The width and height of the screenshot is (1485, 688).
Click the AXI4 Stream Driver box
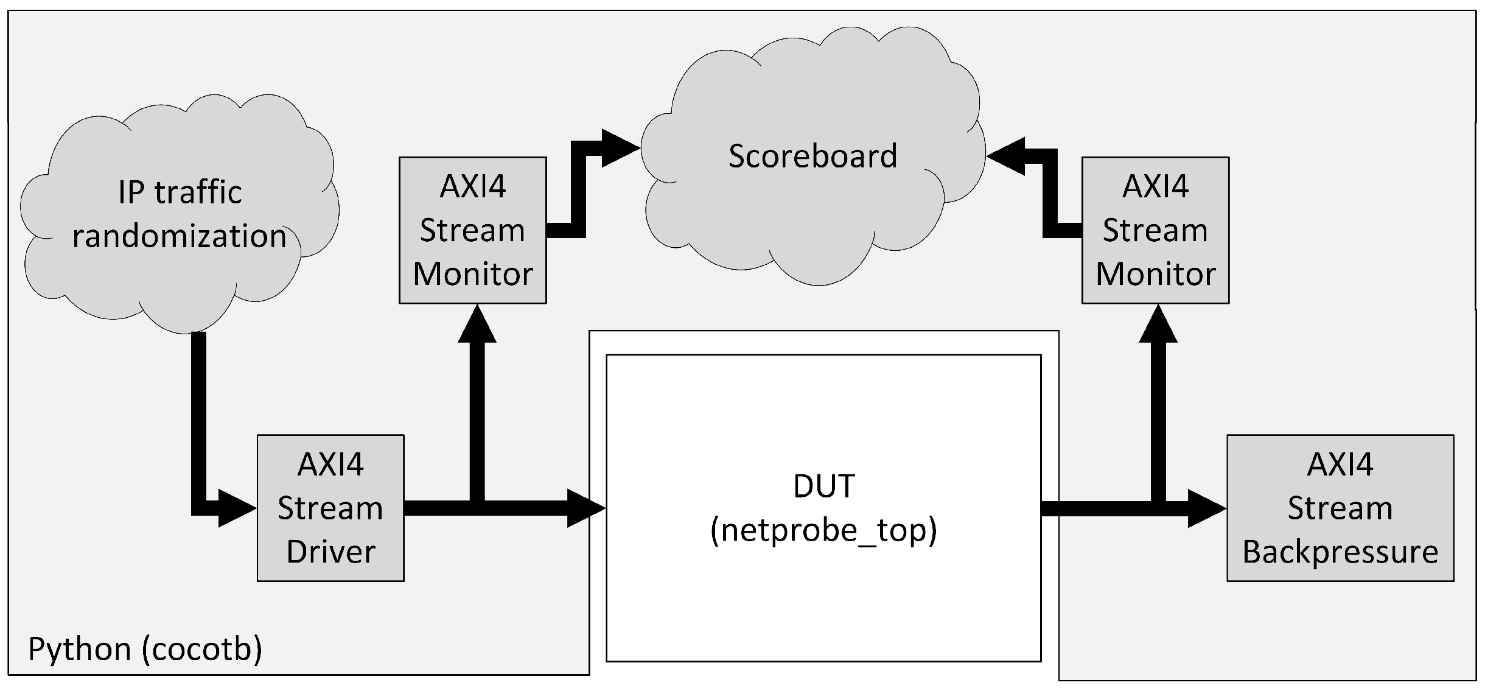(330, 508)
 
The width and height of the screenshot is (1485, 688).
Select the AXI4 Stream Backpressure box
(1340, 508)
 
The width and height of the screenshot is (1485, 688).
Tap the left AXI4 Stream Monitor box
(472, 230)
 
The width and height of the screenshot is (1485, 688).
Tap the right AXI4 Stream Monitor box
(1155, 230)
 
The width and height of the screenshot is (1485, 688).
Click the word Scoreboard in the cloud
(812, 156)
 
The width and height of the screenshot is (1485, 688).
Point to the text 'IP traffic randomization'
(180, 214)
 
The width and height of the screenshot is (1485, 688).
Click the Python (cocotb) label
(145, 649)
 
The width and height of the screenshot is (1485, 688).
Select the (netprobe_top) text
(823, 530)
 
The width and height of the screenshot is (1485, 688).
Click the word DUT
(824, 486)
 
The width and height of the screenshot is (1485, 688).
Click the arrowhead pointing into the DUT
(585, 508)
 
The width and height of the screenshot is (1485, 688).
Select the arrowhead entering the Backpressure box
(1206, 508)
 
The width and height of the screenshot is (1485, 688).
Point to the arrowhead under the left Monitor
(477, 324)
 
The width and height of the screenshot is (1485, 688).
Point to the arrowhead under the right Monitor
(1158, 324)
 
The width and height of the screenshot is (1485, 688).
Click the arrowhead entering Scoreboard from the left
(620, 148)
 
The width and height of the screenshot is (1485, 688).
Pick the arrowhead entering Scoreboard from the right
(1005, 156)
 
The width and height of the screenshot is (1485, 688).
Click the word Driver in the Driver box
(330, 552)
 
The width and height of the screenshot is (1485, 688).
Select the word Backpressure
(1340, 552)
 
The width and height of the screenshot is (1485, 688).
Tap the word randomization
(180, 236)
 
